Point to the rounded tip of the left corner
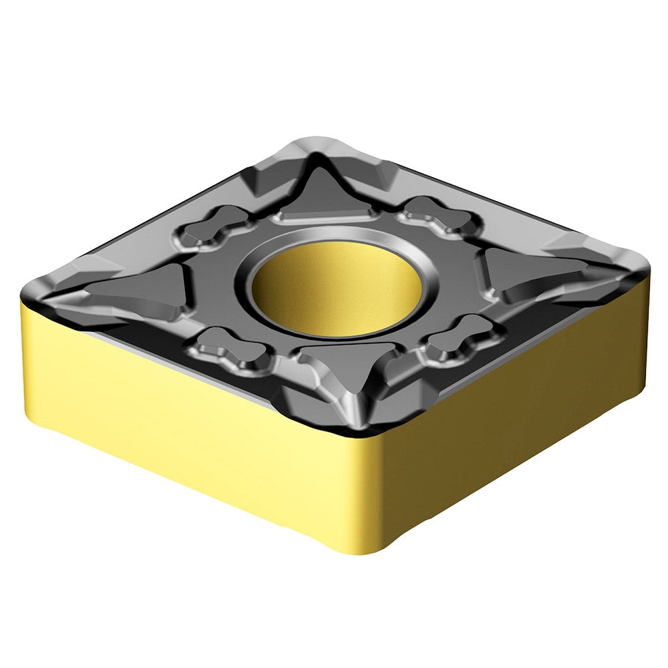point(27,294)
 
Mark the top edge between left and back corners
point(167,214)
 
